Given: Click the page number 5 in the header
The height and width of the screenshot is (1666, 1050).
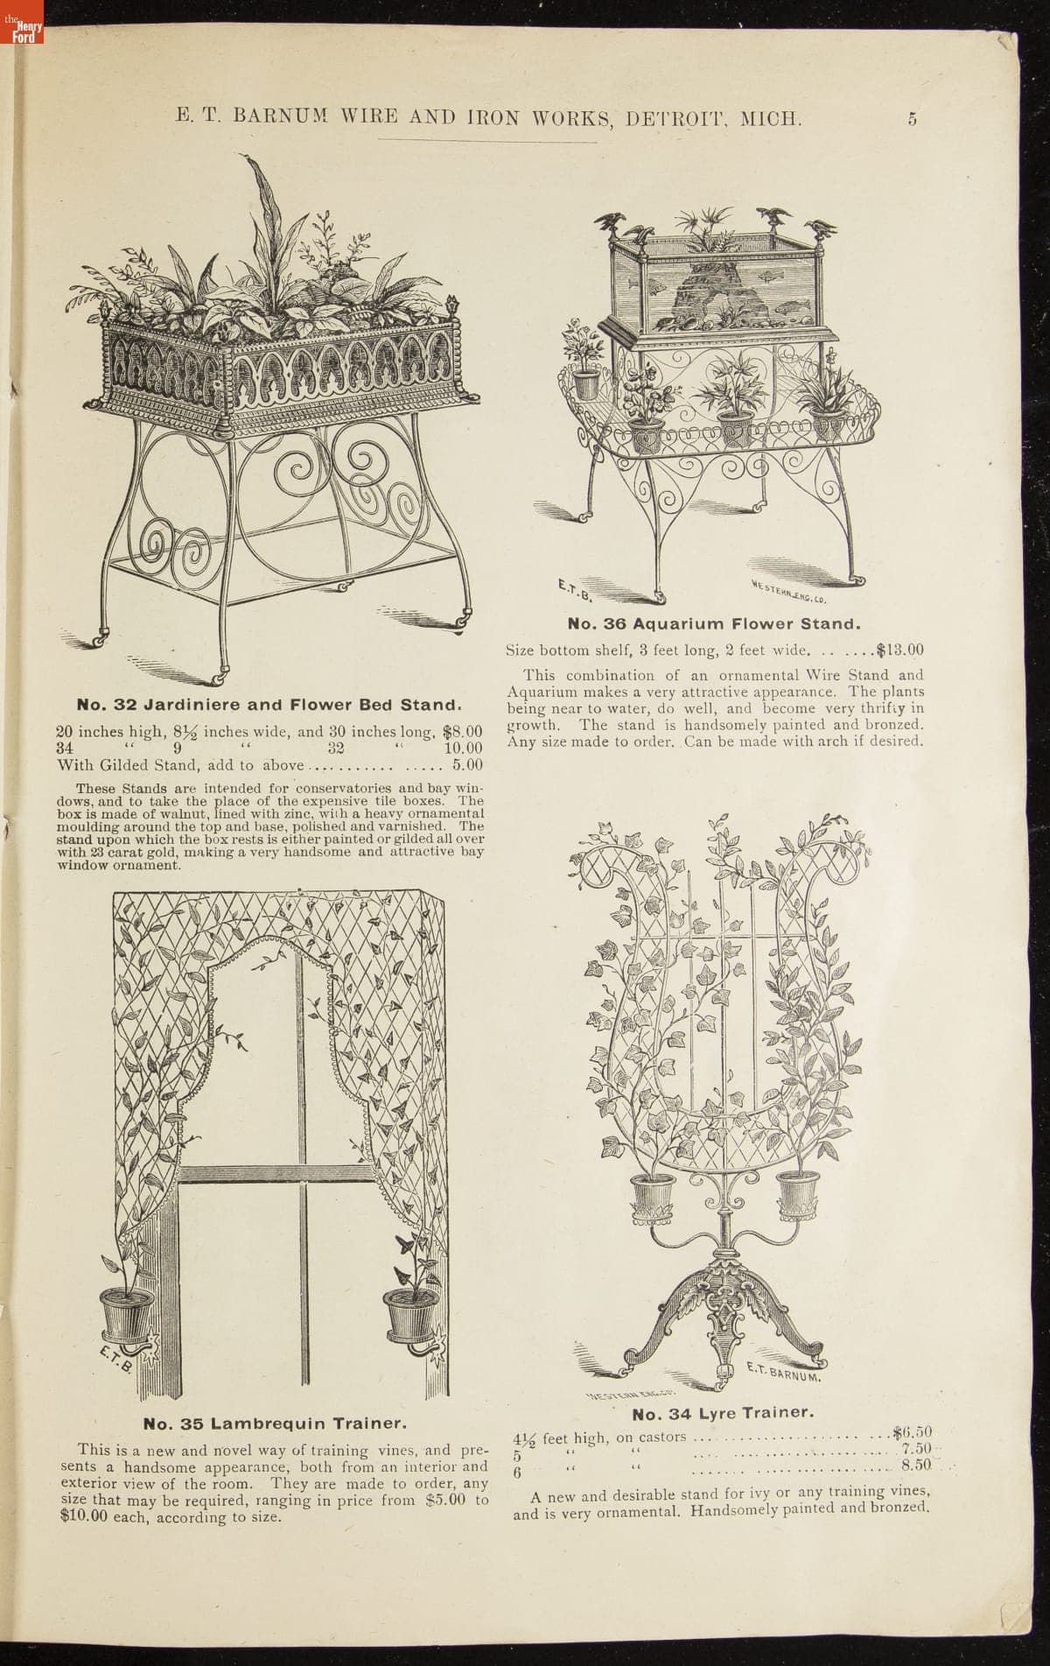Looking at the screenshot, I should click(x=912, y=120).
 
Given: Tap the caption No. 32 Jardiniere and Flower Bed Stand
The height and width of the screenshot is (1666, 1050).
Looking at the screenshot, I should click(x=269, y=705).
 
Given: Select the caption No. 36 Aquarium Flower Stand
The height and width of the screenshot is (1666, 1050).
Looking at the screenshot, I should click(x=714, y=624).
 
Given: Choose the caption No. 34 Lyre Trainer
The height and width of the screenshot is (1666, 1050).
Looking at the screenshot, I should click(x=724, y=1413).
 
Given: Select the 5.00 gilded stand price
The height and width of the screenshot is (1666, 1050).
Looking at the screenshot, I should click(x=467, y=764).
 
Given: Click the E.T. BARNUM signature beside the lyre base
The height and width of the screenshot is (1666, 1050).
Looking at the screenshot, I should click(x=782, y=1372).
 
